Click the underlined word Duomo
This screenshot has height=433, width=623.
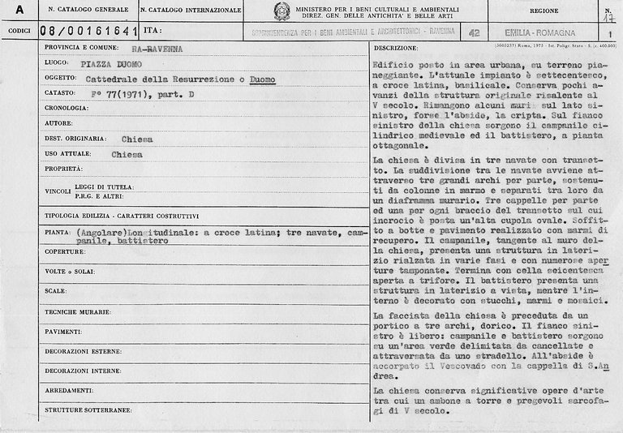[x=262, y=79]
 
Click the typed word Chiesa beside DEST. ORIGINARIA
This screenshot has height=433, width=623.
[x=137, y=139]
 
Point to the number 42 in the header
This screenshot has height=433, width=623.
[x=474, y=32]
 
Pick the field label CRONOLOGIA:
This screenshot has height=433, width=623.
[x=65, y=109]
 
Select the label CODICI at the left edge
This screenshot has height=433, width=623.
[x=18, y=32]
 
